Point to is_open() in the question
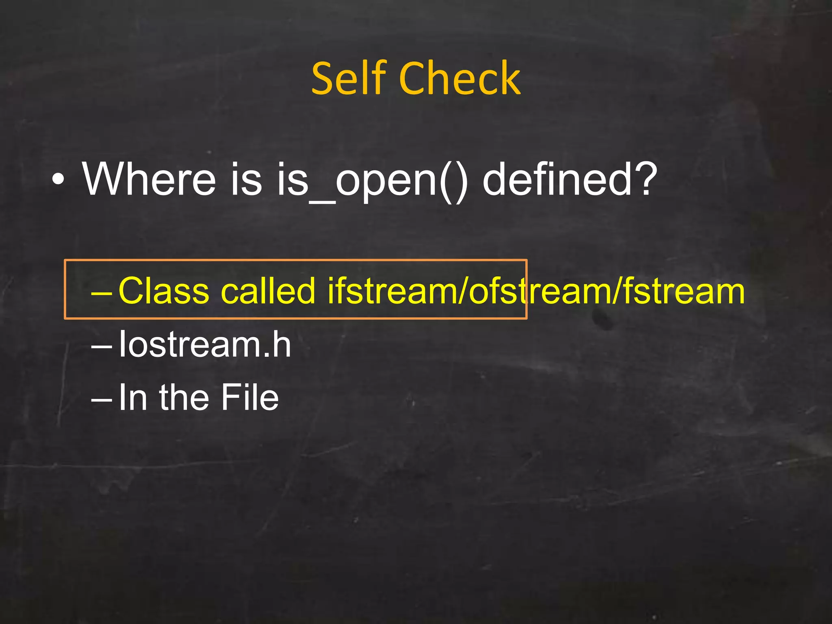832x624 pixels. point(372,181)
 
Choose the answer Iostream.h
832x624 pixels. point(205,344)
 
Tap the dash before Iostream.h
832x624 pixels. point(101,346)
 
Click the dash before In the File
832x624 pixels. point(101,399)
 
